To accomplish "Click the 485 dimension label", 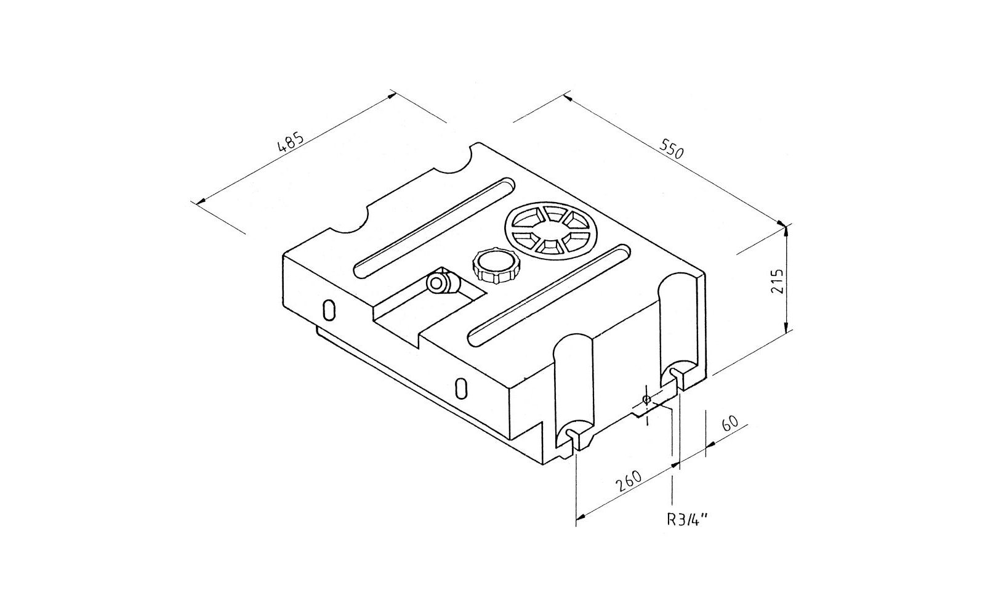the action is (290, 142).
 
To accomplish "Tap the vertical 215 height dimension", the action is (777, 281).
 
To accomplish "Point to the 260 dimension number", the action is (629, 481).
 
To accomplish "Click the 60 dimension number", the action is (730, 423).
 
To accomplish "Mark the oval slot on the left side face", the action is (329, 310).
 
